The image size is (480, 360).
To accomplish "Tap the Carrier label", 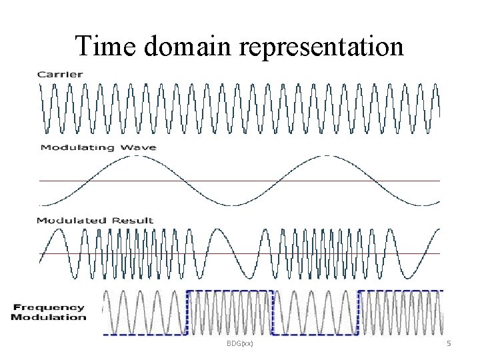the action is tap(60, 74).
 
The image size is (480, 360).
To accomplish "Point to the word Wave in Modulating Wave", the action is tap(140, 147).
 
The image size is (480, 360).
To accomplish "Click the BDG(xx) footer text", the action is tap(239, 343).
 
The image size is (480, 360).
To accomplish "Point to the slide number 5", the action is tap(449, 343).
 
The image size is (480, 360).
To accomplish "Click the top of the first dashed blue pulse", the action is tap(230, 291).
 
